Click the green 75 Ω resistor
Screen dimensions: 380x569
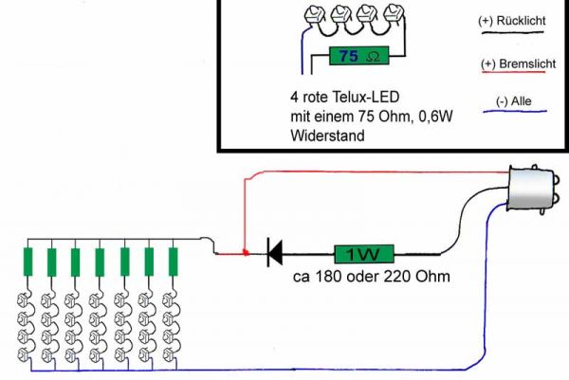[x=358, y=56]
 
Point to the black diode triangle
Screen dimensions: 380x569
[x=277, y=253]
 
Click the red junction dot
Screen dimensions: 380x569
[x=245, y=253]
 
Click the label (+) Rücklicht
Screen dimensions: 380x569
[x=513, y=21]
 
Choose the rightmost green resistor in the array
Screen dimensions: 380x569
[x=174, y=262]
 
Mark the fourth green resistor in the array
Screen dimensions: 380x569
[x=101, y=262]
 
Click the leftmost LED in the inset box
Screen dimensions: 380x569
[x=313, y=16]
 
